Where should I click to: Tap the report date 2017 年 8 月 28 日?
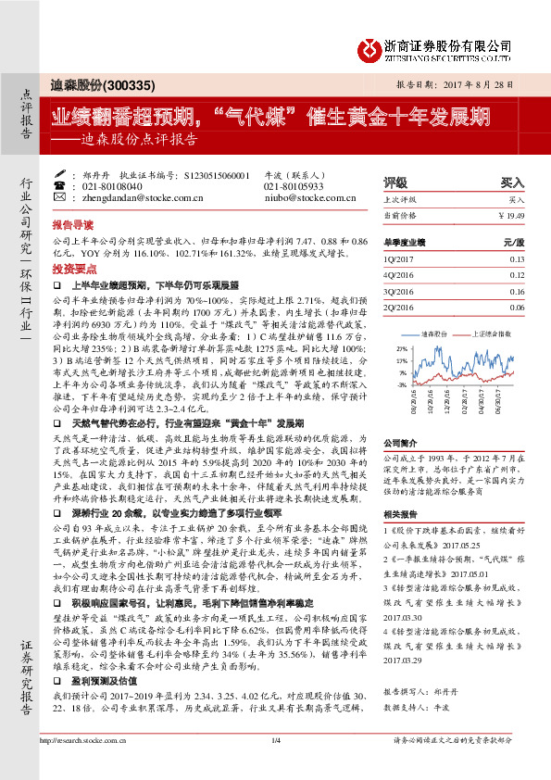pos(474,84)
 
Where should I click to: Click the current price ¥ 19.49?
pos(510,215)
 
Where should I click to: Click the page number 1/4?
pos(275,765)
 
